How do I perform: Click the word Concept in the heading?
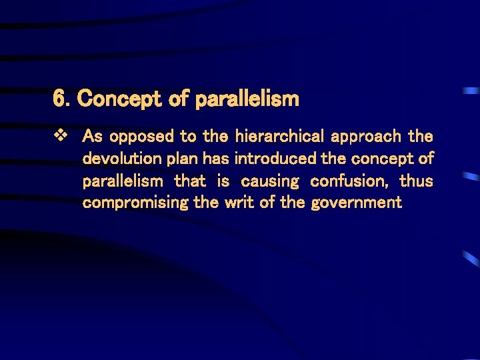(x=117, y=100)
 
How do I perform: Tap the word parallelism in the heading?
(x=247, y=100)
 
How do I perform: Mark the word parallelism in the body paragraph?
(x=123, y=181)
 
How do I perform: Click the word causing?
(x=270, y=181)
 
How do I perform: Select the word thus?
(x=416, y=181)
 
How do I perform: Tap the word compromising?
(x=135, y=203)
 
